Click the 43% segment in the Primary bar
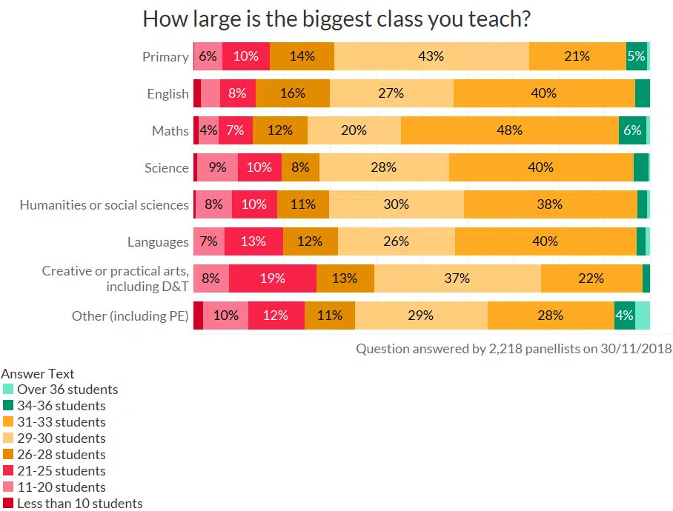click(x=431, y=56)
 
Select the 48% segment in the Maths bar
click(x=509, y=130)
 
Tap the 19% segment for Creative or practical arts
click(x=273, y=278)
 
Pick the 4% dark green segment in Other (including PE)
click(x=624, y=315)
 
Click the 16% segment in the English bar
click(x=292, y=93)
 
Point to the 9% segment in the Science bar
click(x=217, y=167)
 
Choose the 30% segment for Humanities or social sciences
click(x=397, y=204)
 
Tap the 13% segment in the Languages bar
click(x=253, y=241)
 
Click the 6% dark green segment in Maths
click(x=632, y=130)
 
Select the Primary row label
click(x=165, y=57)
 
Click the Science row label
click(x=167, y=168)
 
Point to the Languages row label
click(x=158, y=242)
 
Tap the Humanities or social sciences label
click(x=104, y=205)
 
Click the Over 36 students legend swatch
click(x=8, y=390)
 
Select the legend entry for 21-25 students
click(x=61, y=471)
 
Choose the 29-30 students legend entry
click(x=61, y=438)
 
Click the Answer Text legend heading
click(x=38, y=374)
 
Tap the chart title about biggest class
click(x=336, y=19)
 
